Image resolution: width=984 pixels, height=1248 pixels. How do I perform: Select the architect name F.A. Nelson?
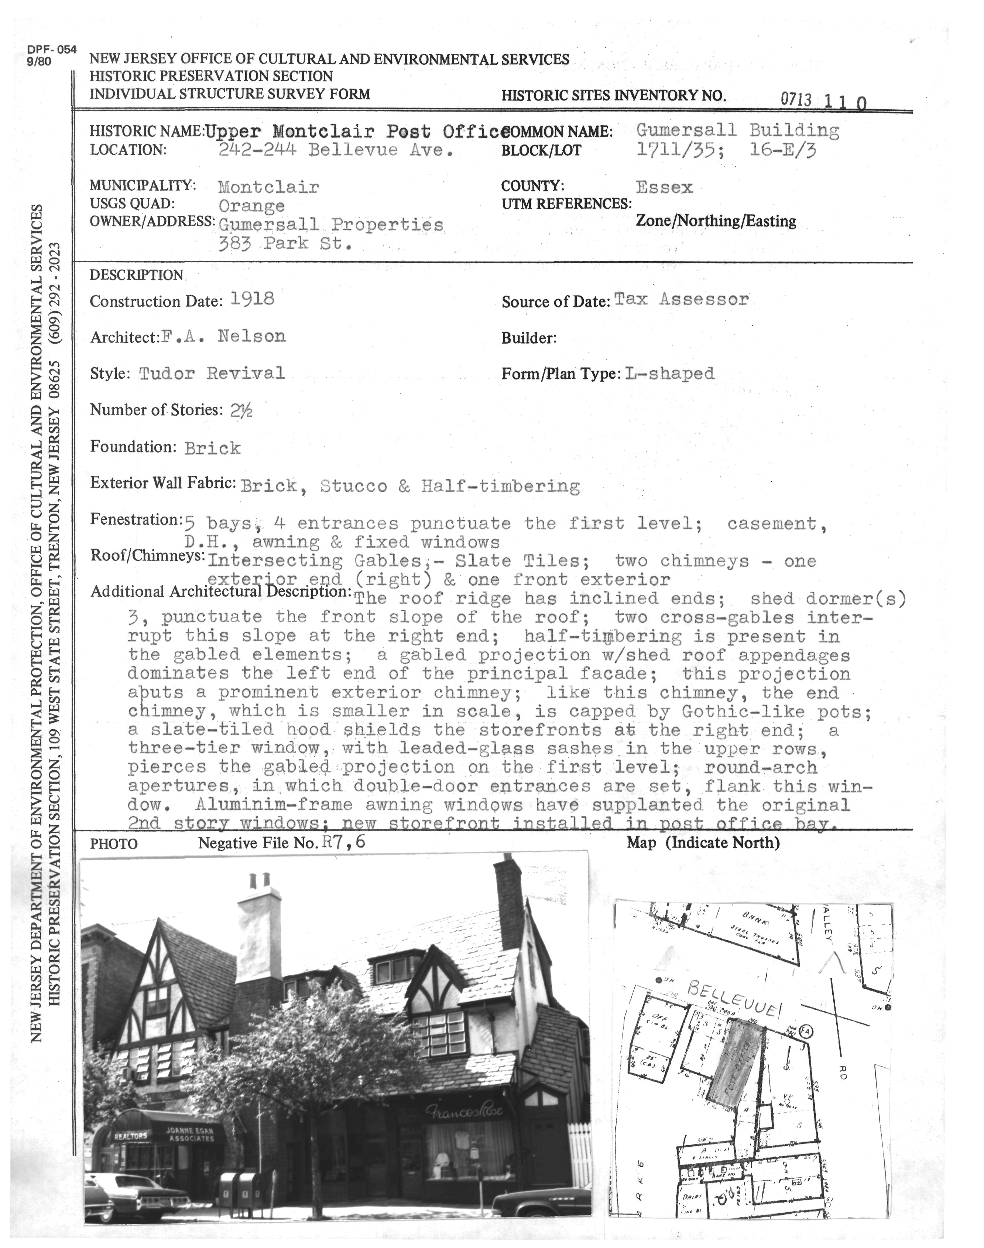[223, 336]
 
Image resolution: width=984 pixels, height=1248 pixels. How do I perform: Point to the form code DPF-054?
[51, 50]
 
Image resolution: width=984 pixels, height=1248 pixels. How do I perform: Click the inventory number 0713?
[796, 100]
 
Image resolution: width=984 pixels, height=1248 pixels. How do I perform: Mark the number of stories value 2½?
[241, 410]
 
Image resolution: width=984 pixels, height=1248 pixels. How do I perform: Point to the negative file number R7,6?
[344, 842]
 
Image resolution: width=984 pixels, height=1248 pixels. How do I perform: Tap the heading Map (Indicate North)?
[703, 843]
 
